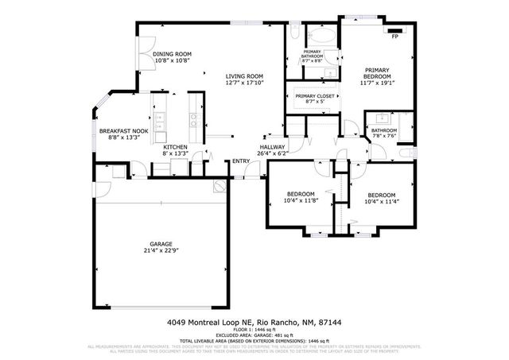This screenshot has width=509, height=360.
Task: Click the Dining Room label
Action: (173, 54)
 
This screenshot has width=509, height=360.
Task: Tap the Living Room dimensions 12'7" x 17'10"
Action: (244, 82)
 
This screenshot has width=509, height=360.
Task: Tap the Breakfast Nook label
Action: (123, 130)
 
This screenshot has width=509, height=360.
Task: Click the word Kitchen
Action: (175, 147)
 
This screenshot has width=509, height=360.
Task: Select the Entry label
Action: (240, 162)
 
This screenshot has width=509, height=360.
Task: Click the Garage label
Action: (161, 244)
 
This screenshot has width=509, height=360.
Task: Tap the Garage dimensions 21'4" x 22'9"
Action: (161, 250)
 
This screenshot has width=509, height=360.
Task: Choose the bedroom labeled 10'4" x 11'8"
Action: (300, 197)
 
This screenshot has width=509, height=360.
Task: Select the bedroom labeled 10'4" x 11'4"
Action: (383, 198)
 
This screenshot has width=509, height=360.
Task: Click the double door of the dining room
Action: (141, 57)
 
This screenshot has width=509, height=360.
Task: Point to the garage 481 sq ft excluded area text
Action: (254, 337)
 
